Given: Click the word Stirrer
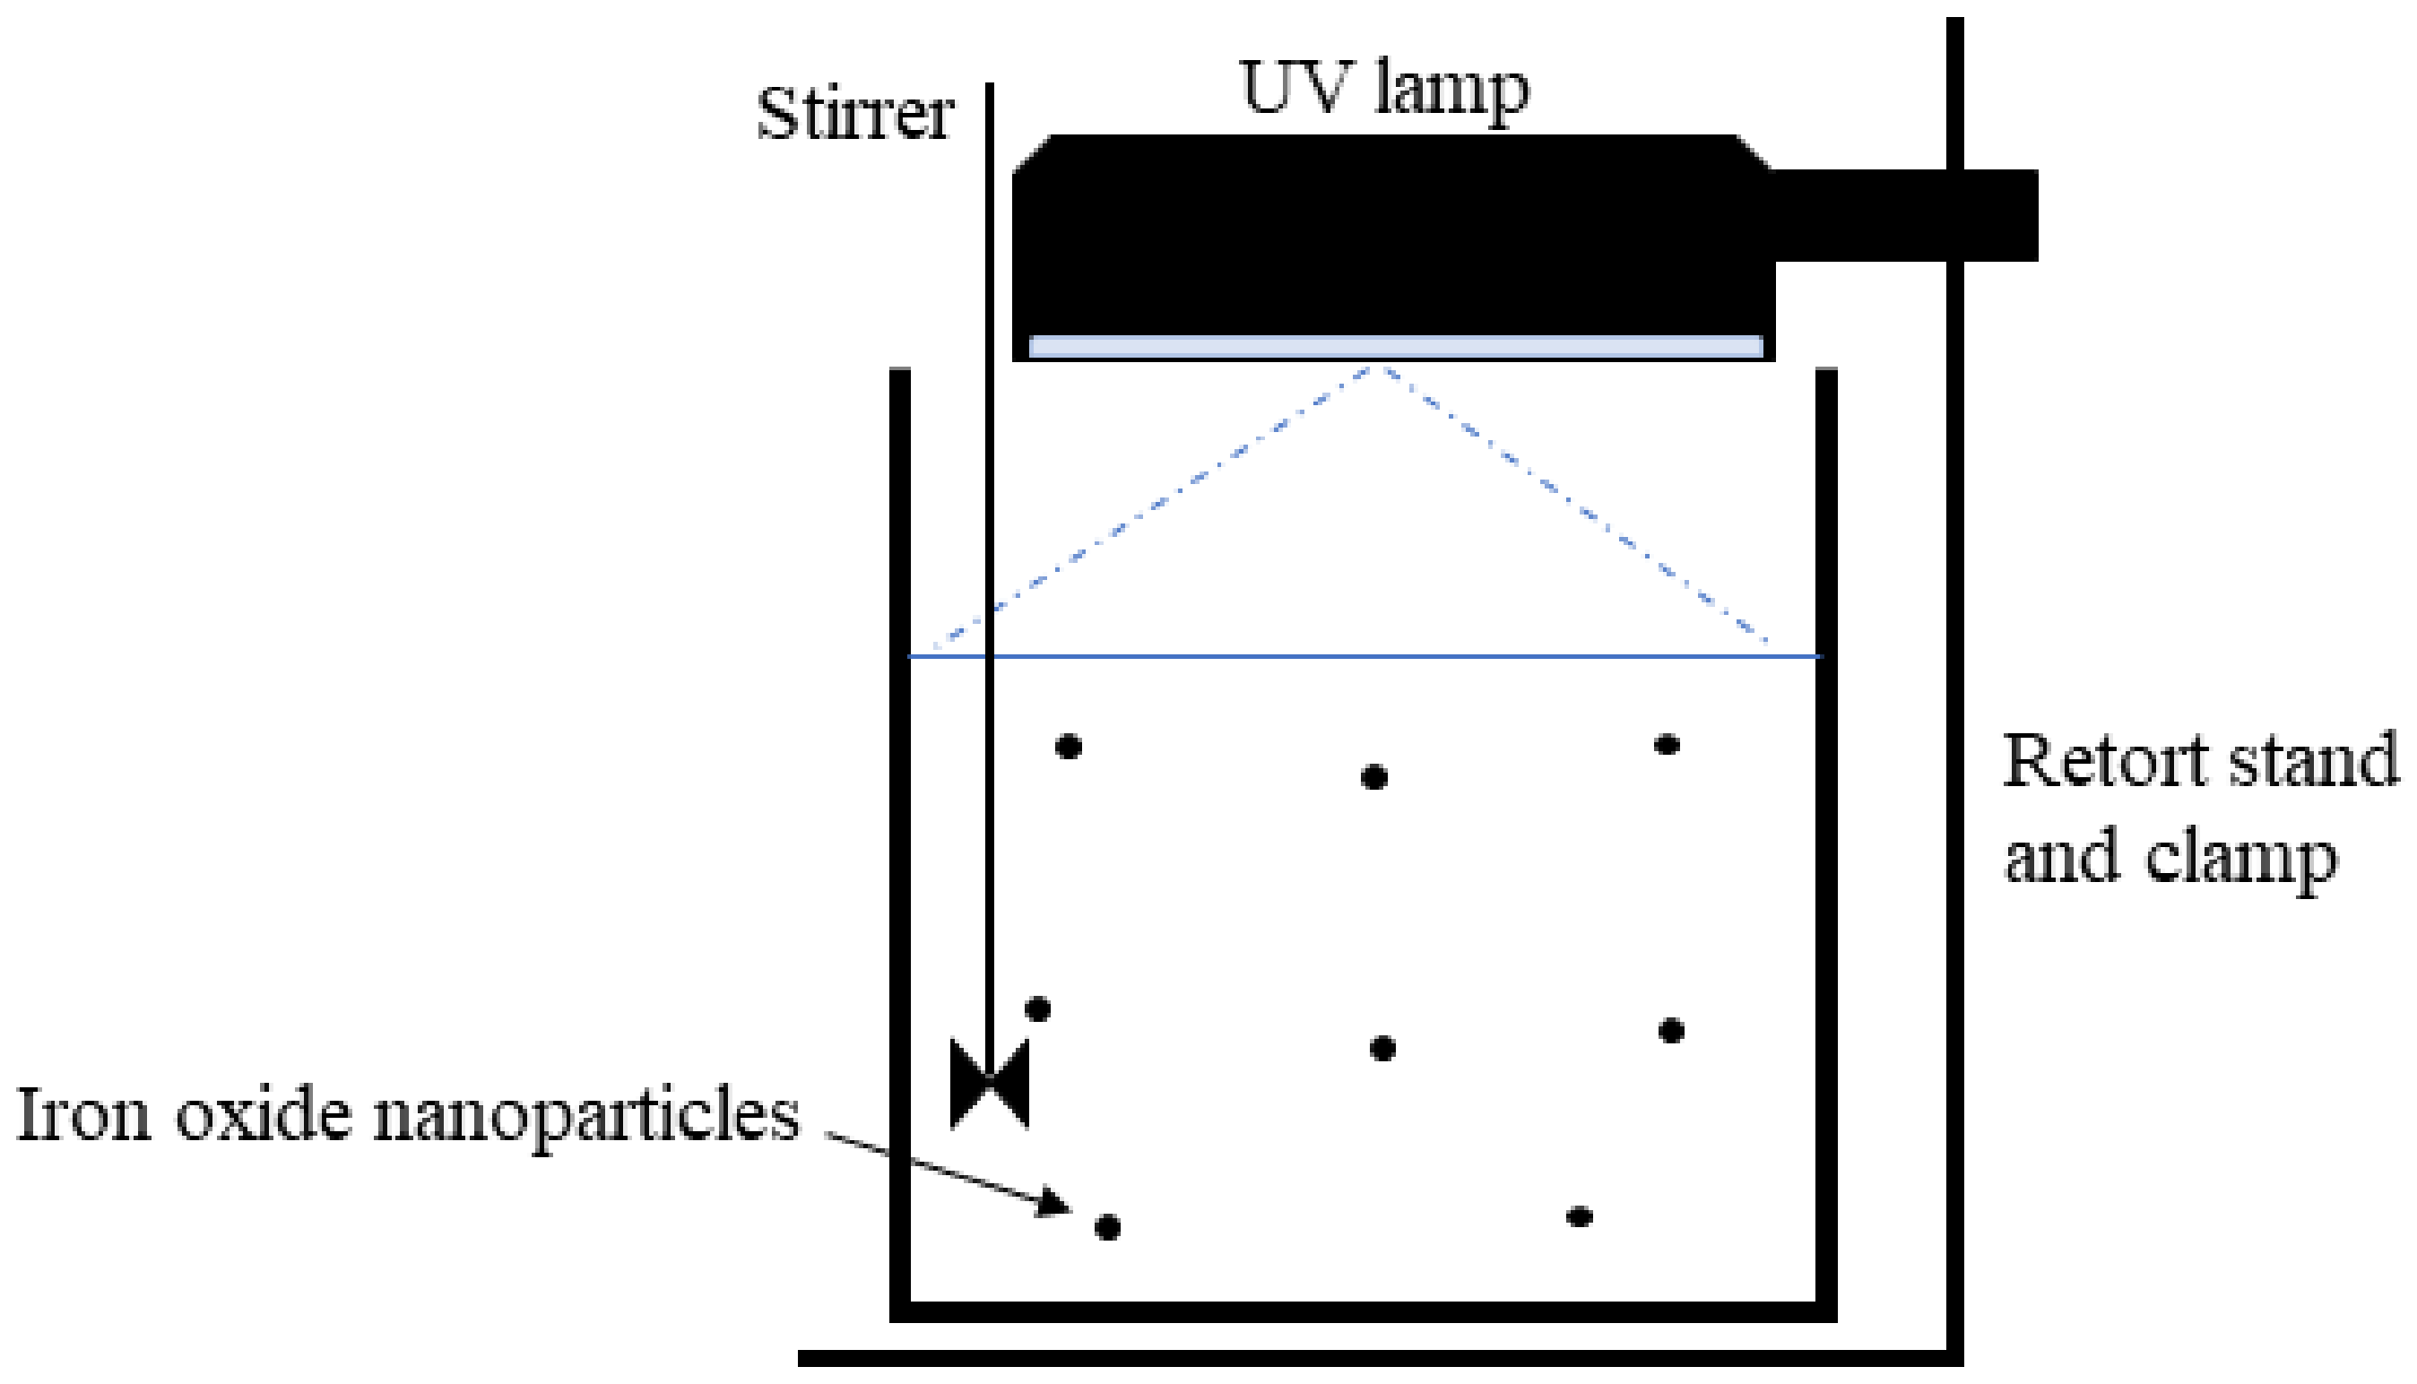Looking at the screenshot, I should point(854,115).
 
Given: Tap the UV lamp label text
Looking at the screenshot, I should point(1384,91).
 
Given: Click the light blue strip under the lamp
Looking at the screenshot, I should point(1395,346).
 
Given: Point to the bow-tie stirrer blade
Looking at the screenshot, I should point(990,1083).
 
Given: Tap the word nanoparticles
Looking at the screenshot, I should point(585,1117).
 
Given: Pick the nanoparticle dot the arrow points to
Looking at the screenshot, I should point(1107,1227).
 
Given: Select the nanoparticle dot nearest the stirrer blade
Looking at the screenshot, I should point(1038,1008).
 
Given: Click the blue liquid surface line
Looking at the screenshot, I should point(1378,656).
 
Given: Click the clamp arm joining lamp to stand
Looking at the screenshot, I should point(1901,215).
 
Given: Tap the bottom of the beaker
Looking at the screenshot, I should point(1363,1311).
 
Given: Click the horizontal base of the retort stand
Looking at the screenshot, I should point(1378,1358).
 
